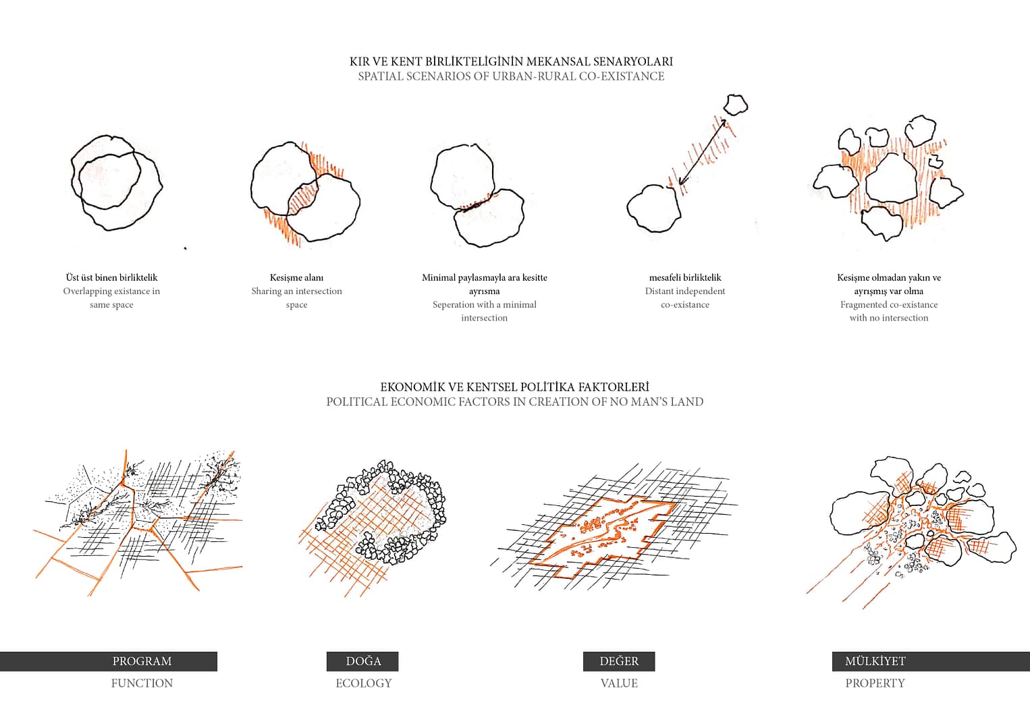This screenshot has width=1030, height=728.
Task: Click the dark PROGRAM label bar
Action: pos(109,661)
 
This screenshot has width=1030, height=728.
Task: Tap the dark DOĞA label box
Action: pos(362,661)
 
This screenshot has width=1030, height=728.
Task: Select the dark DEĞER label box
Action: pos(619,661)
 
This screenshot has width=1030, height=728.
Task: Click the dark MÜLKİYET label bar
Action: pos(931,661)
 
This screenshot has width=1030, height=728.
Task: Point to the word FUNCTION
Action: pos(142,683)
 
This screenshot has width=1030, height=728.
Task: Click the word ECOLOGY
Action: pos(364,683)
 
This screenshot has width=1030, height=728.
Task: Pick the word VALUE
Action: pos(619,683)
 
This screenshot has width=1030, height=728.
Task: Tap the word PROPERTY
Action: pos(875,683)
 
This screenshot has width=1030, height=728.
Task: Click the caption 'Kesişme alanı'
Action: pos(296,277)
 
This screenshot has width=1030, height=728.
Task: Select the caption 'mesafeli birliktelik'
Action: pos(685,277)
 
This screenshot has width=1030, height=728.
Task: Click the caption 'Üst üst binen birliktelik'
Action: pos(112,277)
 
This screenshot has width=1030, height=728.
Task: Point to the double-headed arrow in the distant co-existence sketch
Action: pos(702,152)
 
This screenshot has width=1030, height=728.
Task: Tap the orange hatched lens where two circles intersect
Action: pos(303,199)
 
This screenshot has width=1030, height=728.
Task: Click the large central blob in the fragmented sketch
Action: pos(890,179)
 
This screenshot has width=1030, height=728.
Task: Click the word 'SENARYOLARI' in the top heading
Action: pos(632,61)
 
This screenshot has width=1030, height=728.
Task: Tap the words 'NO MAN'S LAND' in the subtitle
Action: pos(657,401)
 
